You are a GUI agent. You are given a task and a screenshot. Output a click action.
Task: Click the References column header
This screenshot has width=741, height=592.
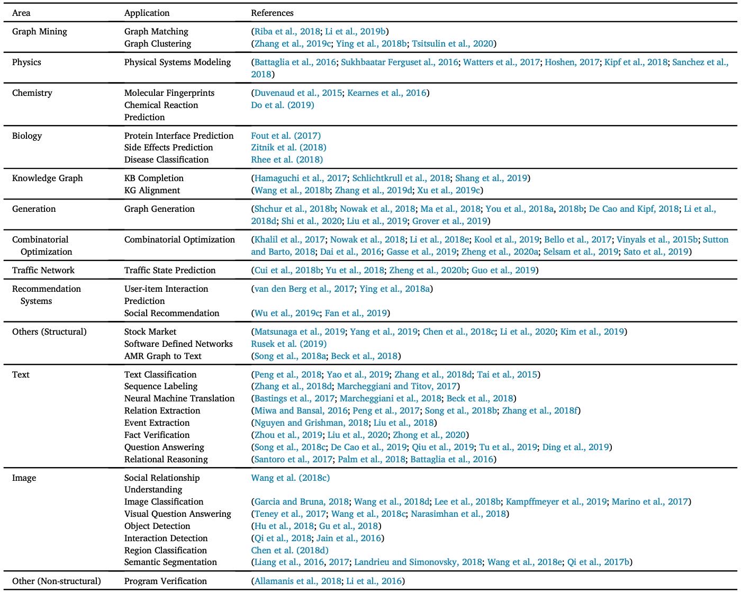click(272, 13)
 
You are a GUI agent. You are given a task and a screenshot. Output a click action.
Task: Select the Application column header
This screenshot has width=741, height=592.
click(147, 13)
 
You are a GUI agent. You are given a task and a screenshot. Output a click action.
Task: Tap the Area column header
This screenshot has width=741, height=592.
click(21, 13)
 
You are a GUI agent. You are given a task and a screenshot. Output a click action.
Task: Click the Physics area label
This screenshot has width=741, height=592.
click(26, 62)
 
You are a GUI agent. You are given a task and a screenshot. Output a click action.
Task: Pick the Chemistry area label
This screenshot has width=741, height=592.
click(32, 93)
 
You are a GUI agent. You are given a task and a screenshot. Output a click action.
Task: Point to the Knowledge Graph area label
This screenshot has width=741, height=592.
click(48, 178)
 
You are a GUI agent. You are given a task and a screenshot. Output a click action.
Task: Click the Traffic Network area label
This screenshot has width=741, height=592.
click(43, 270)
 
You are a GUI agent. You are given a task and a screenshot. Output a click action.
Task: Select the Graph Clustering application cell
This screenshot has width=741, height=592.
click(158, 43)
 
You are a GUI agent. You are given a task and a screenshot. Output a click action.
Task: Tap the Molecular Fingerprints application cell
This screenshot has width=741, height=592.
click(169, 93)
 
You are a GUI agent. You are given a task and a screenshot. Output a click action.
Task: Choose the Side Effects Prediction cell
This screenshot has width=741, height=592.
click(169, 147)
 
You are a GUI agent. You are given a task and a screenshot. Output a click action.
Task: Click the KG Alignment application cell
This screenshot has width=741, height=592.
click(152, 190)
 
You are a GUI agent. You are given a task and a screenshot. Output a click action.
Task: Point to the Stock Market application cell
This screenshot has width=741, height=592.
click(150, 331)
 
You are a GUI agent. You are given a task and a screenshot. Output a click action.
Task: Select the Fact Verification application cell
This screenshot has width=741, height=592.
click(157, 435)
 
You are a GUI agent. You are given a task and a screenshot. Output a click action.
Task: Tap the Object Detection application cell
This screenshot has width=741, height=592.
click(157, 526)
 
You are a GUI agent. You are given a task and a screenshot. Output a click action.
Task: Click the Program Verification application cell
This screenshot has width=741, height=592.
click(166, 581)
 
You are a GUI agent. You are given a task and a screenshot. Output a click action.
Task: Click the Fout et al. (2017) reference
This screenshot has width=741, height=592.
click(286, 136)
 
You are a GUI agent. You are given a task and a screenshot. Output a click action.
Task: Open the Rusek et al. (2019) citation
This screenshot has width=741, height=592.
click(289, 344)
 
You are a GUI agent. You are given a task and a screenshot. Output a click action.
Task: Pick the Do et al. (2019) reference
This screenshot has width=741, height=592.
click(283, 105)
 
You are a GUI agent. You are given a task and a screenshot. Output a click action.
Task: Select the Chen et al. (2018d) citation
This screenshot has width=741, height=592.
click(290, 550)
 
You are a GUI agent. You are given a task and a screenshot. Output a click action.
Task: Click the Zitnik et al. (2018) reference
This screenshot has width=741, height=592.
click(288, 147)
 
